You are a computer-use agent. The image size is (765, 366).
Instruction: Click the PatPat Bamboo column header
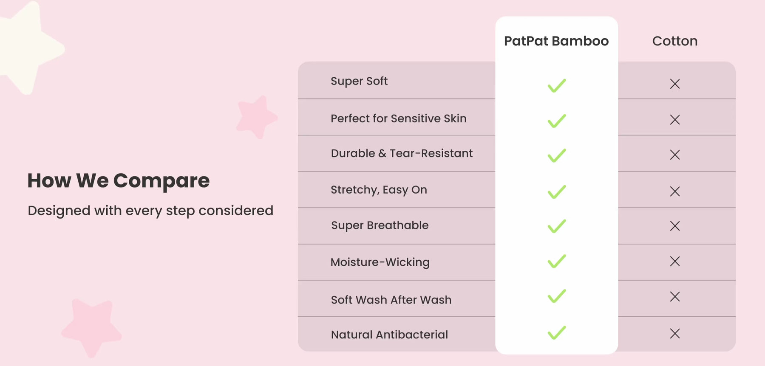click(x=556, y=41)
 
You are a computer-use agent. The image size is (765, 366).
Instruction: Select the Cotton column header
click(x=675, y=41)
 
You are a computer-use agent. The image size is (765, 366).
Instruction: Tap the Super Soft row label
click(x=359, y=81)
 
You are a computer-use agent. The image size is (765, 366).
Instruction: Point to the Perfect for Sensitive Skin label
click(x=399, y=118)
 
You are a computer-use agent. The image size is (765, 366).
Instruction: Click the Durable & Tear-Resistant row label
click(x=402, y=153)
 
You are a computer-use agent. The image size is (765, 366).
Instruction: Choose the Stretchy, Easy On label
click(x=379, y=190)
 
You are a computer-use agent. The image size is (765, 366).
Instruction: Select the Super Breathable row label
click(x=380, y=225)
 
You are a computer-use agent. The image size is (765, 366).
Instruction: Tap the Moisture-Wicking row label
click(x=380, y=262)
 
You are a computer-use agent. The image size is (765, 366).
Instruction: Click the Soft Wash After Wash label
click(x=391, y=300)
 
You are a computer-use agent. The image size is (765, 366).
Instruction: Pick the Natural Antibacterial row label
click(x=389, y=335)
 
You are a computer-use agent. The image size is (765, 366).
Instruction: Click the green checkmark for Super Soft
click(x=557, y=85)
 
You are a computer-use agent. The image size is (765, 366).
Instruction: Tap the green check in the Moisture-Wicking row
click(x=557, y=261)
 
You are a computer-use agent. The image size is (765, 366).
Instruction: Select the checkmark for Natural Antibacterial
click(x=557, y=332)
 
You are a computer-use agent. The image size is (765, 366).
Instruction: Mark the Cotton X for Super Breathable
click(x=675, y=226)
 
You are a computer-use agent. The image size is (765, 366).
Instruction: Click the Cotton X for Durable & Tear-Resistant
click(x=675, y=155)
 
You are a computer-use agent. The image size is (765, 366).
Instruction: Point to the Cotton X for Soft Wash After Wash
click(x=675, y=296)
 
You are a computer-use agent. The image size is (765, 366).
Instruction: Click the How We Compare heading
click(x=119, y=181)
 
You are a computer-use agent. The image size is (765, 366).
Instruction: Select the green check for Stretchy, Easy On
click(x=557, y=191)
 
